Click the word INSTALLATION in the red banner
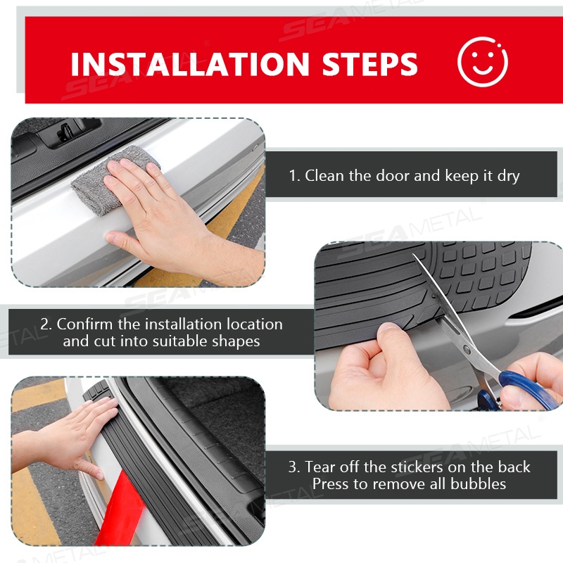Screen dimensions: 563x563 pyautogui.click(x=189, y=64)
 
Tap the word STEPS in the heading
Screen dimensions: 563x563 pyautogui.click(x=369, y=64)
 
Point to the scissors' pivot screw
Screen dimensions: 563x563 pyautogui.click(x=466, y=348)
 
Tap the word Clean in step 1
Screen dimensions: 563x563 pyautogui.click(x=324, y=175)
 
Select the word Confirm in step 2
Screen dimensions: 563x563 pyautogui.click(x=84, y=324)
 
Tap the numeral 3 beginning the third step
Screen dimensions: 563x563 pyautogui.click(x=292, y=467)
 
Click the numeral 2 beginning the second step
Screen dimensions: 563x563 pyautogui.click(x=44, y=324)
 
